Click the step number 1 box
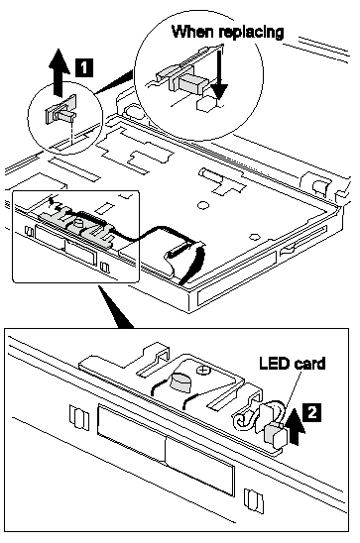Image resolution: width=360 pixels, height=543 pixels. [x=84, y=66]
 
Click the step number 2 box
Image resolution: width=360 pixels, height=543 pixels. [x=311, y=412]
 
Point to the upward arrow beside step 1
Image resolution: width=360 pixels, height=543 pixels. [x=59, y=72]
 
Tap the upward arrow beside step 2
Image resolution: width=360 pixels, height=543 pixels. [x=297, y=428]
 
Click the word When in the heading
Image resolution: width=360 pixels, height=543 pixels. [x=192, y=32]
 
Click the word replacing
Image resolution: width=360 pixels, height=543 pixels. [x=252, y=33]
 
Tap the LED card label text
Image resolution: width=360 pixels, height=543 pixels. [x=293, y=364]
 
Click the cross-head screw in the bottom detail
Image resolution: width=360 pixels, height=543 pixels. [x=202, y=371]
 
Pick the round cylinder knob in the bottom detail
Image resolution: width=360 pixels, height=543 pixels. [x=181, y=381]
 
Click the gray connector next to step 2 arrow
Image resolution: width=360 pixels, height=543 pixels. [x=275, y=433]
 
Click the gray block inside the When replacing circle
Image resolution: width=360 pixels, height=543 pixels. [x=190, y=85]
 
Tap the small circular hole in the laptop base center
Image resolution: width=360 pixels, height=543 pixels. [x=203, y=205]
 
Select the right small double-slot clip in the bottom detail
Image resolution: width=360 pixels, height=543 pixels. [x=253, y=500]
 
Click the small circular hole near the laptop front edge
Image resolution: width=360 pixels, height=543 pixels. [x=255, y=237]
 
